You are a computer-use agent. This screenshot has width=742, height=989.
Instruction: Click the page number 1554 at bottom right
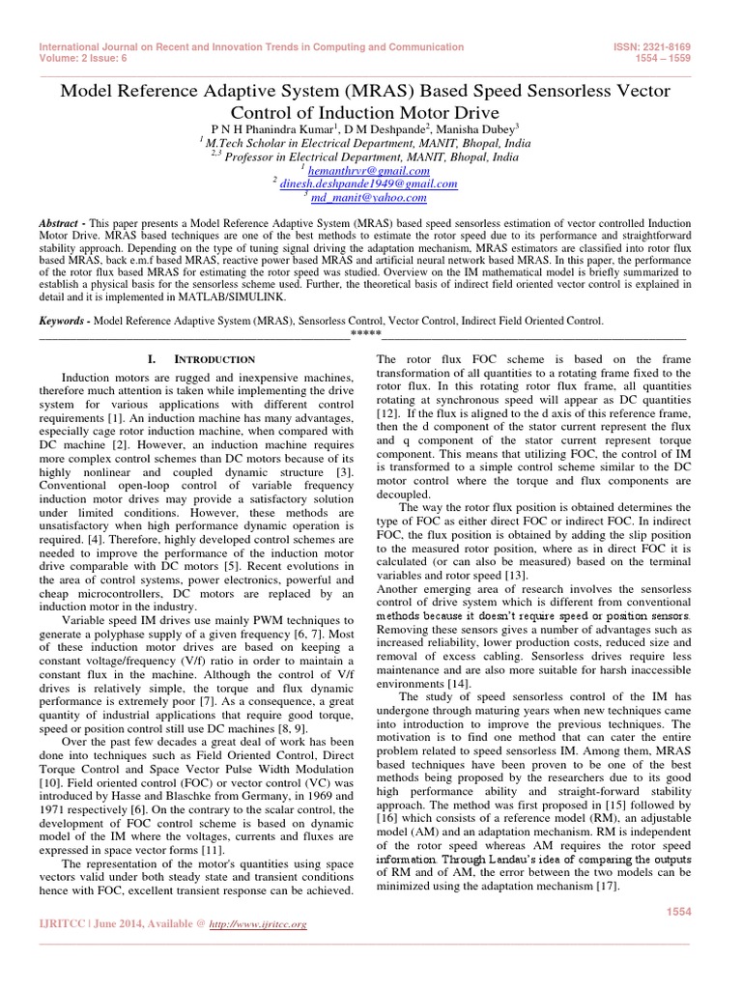(682, 912)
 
